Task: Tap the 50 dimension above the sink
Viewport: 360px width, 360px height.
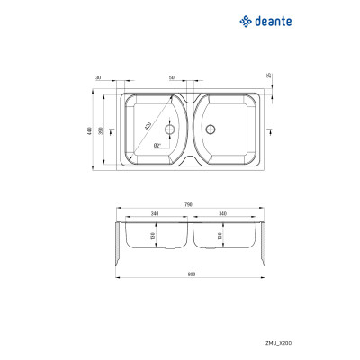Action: [x=171, y=77]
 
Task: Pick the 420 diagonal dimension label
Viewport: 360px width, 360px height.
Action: [x=148, y=127]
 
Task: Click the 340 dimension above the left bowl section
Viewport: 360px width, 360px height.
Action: [x=155, y=214]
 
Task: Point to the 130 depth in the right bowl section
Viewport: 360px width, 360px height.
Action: [x=219, y=236]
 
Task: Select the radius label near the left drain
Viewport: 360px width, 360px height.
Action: [x=157, y=145]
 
